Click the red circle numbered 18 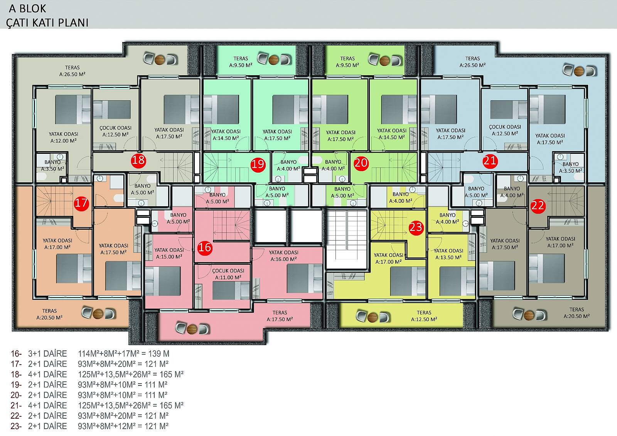point(138,160)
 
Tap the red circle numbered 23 point(416,227)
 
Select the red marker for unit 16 point(205,247)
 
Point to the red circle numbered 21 point(490,161)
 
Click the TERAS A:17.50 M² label point(280,316)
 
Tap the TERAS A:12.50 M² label point(424,316)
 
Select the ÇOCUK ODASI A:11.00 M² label point(228,274)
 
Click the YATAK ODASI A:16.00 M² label point(283,256)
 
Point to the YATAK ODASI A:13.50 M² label point(448,254)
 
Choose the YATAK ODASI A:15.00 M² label point(169,253)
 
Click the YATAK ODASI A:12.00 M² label point(63,137)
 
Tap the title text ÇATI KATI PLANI point(47,23)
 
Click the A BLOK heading point(27,9)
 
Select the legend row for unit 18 point(97,374)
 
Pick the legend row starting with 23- point(89,426)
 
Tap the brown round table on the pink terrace point(192,328)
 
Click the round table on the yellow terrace point(373,317)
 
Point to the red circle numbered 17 point(81,203)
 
